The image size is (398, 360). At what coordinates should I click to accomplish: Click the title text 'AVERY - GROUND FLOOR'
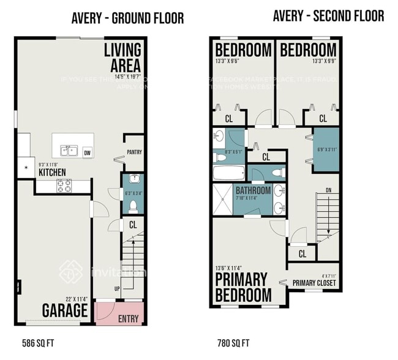point(127,18)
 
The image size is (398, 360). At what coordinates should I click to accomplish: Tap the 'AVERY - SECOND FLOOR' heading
point(329,15)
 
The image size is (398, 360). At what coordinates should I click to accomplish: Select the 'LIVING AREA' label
point(122,57)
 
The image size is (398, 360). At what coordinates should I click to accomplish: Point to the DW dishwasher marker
point(88,153)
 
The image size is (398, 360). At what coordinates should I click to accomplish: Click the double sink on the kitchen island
point(68,151)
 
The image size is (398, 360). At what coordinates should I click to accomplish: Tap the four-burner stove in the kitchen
point(64,186)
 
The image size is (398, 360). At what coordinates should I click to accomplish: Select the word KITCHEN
point(52,173)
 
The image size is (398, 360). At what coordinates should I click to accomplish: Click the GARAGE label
point(64,310)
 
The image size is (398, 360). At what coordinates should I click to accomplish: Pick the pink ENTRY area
point(121,313)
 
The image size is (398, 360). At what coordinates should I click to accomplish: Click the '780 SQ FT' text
point(233,343)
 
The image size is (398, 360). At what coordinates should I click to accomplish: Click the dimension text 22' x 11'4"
point(73,299)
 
